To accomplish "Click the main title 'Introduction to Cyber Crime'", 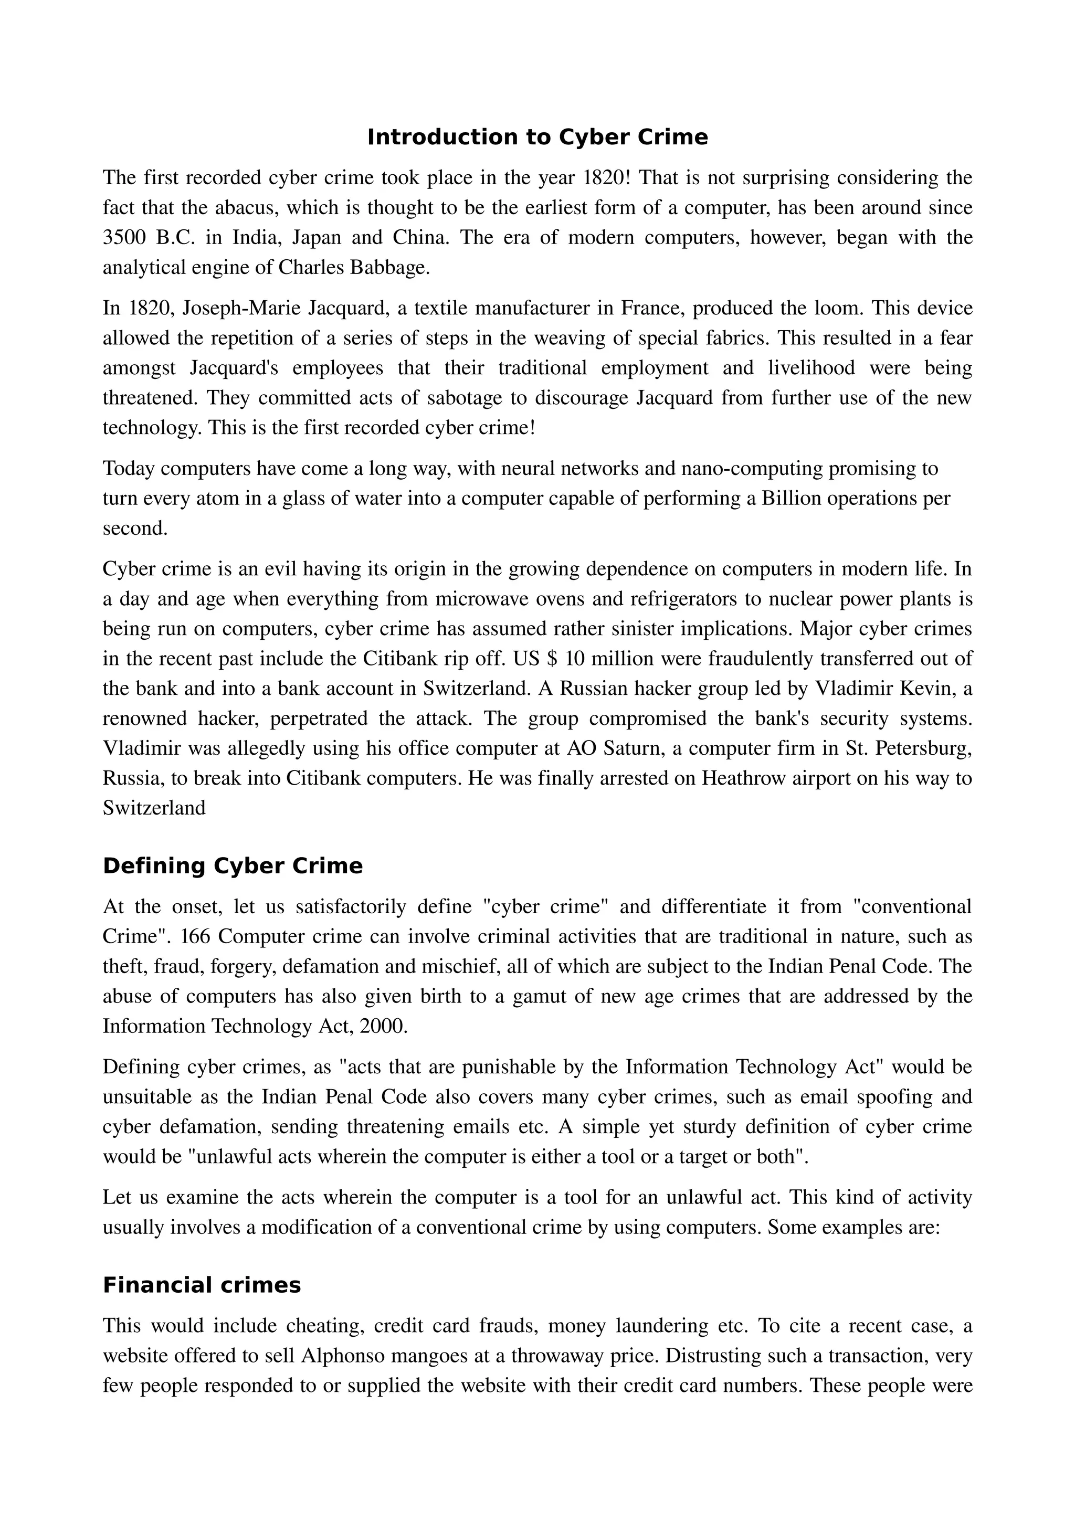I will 537,137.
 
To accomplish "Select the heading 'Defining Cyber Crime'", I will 233,866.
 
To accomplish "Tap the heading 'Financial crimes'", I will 202,1285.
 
